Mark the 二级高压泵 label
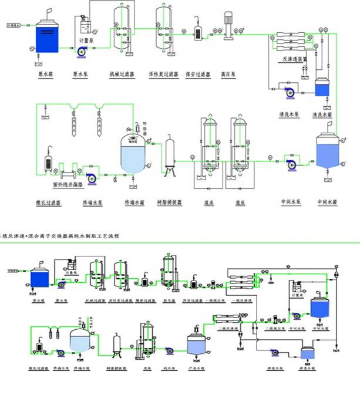pyautogui.click(x=274, y=328)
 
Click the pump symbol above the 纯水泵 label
pyautogui.click(x=170, y=351)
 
